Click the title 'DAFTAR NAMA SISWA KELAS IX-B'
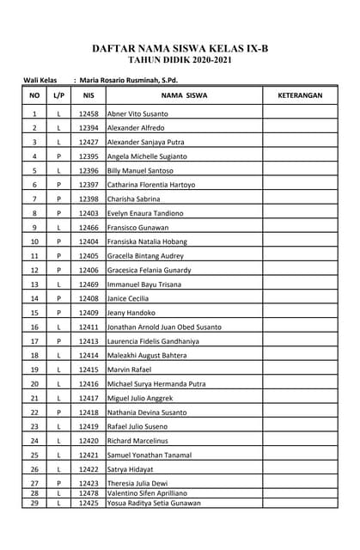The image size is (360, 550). [180, 50]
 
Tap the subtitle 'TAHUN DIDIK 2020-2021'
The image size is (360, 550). [180, 62]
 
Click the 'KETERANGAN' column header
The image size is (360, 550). [300, 95]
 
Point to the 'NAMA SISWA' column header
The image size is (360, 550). [184, 95]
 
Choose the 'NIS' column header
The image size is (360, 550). [88, 95]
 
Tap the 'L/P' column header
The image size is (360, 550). [58, 95]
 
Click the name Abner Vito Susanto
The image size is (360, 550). [137, 113]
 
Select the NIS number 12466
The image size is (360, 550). [88, 227]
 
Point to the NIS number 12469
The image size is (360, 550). [88, 284]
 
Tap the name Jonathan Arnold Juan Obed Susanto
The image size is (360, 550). [164, 327]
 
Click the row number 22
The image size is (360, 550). [34, 412]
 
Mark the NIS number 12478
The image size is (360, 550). [88, 493]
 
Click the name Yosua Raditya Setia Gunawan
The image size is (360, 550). [154, 503]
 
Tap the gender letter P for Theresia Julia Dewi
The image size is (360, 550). [58, 484]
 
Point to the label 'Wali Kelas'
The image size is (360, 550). [40, 80]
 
